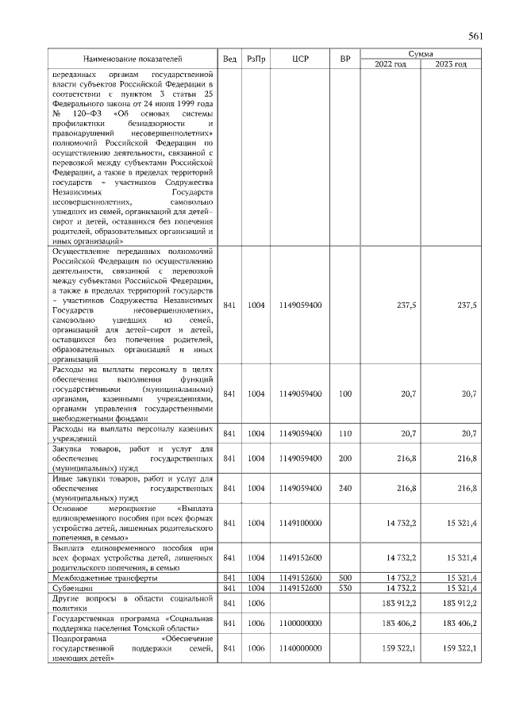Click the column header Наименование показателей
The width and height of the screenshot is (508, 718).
pos(133,59)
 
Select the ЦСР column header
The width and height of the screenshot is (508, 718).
pos(300,59)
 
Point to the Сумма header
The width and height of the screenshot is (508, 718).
pos(420,53)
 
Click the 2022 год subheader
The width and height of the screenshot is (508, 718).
pos(390,63)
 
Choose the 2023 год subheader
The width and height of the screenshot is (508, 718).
pos(450,63)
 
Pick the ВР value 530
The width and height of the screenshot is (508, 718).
pos(344,588)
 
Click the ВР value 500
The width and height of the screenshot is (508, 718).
pos(344,578)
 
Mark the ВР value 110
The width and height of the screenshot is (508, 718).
pos(344,433)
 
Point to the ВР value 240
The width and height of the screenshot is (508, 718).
pos(344,488)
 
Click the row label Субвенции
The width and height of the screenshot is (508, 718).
pos(71,588)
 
